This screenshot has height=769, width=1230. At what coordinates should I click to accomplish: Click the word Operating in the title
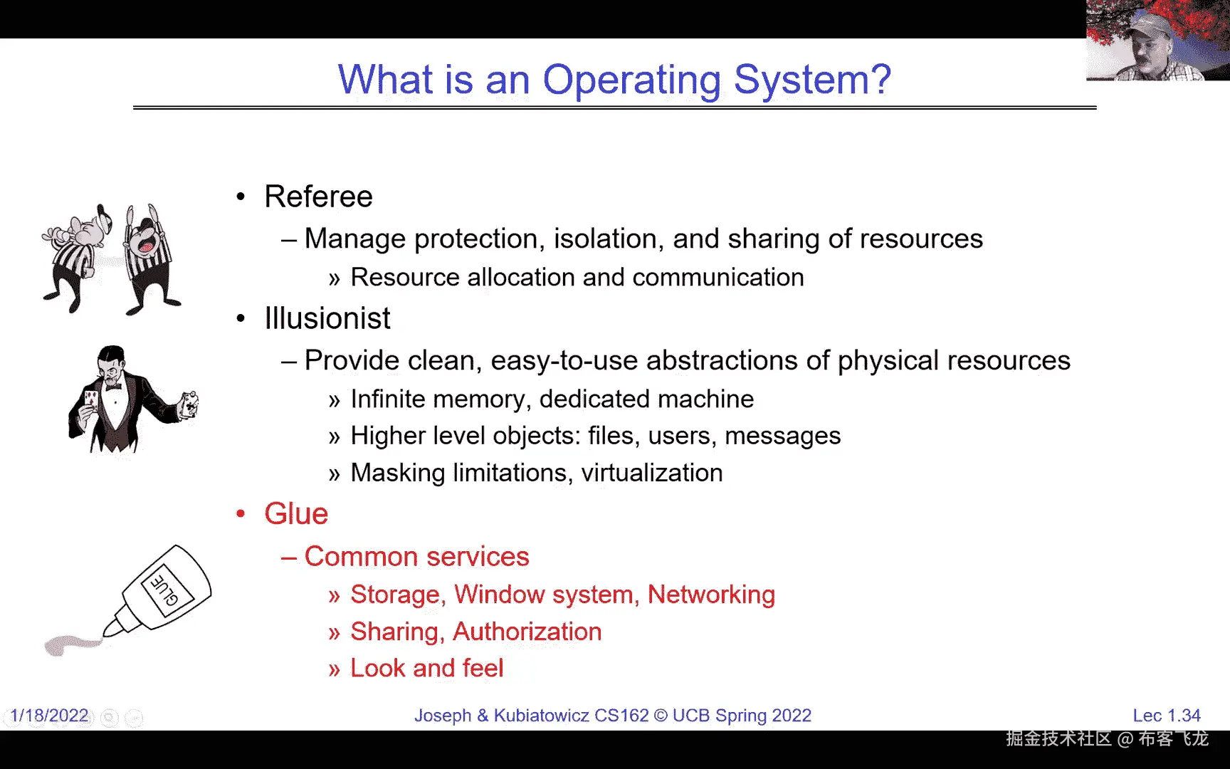631,80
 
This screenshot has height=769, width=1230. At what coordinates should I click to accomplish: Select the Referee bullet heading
318,197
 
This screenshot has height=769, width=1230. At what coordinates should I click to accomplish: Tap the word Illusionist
327,318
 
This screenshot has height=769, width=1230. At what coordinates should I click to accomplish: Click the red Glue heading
296,514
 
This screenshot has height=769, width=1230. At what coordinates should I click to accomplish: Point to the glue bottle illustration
159,590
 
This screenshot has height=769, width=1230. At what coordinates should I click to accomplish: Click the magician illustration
132,399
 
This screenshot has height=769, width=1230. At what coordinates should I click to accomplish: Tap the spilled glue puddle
71,644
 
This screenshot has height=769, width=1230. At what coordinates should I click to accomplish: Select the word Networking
711,595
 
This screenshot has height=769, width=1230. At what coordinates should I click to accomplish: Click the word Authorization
527,632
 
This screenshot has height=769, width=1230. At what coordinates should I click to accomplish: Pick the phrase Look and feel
427,668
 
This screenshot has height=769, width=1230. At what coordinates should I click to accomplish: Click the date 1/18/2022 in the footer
50,716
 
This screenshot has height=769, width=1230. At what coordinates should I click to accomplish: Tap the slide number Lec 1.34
1167,716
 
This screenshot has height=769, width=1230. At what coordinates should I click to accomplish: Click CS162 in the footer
621,716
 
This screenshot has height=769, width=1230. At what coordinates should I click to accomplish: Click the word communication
718,277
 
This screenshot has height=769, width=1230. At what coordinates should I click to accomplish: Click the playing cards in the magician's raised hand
189,404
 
